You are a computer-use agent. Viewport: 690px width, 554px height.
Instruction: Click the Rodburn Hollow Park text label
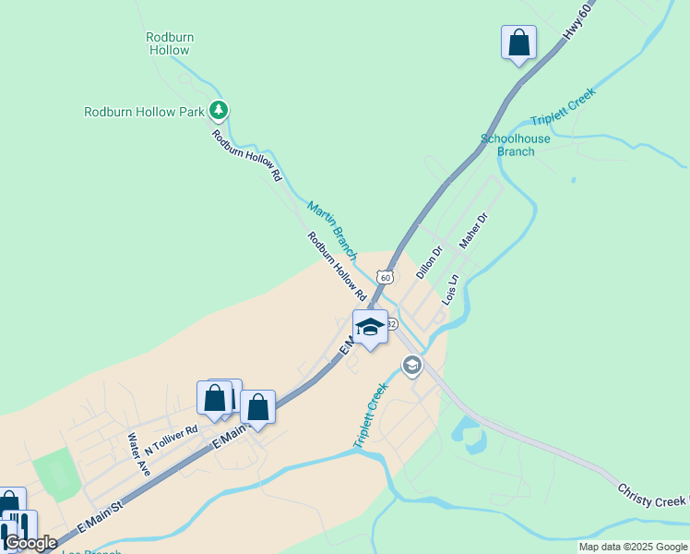pos(143,112)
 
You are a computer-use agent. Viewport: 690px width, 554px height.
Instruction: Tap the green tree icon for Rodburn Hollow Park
pos(219,112)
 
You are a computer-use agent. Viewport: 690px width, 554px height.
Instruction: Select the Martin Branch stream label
pos(332,229)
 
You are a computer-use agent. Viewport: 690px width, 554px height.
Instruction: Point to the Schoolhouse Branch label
pos(516,145)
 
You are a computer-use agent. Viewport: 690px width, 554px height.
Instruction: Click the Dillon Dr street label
pos(430,261)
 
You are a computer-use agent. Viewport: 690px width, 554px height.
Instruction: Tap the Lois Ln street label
pos(450,290)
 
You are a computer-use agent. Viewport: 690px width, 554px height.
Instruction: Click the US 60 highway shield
pos(385,276)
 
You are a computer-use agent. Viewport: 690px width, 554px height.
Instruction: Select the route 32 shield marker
pos(391,324)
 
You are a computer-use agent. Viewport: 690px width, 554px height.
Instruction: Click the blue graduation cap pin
pos(370,328)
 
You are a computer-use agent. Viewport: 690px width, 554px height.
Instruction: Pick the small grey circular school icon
pos(411,367)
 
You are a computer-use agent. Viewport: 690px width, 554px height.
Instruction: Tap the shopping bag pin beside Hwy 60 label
pos(518,42)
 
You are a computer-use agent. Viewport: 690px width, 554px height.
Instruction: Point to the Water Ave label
pos(138,454)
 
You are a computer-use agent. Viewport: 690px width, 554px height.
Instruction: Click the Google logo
pos(30,543)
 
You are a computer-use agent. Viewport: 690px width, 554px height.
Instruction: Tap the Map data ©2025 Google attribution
pos(633,547)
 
